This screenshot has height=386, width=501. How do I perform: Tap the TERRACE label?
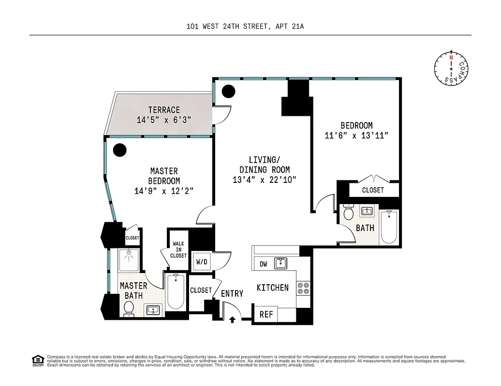pos(164,110)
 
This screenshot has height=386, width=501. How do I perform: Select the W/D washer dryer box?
pos(201,262)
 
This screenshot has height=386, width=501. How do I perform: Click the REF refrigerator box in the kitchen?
pos(266,314)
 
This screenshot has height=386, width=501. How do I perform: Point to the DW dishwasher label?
pos(264,264)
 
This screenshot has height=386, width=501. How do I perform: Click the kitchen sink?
pos(280,263)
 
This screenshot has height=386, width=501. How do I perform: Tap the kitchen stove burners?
pos(304,288)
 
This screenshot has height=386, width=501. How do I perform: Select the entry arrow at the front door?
pos(232,319)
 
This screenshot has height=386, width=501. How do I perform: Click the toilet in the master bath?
pos(129,308)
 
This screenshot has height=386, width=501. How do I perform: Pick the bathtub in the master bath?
pos(175,291)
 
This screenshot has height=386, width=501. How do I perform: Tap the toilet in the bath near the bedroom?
pos(348,212)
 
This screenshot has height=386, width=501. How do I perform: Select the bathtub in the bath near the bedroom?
pos(389,227)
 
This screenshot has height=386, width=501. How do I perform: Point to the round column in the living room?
pos(228,91)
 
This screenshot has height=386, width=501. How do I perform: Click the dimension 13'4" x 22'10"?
pos(264,179)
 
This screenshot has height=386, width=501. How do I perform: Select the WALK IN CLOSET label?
pos(178,249)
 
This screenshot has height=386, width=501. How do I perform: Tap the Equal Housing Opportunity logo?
pos(37,360)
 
